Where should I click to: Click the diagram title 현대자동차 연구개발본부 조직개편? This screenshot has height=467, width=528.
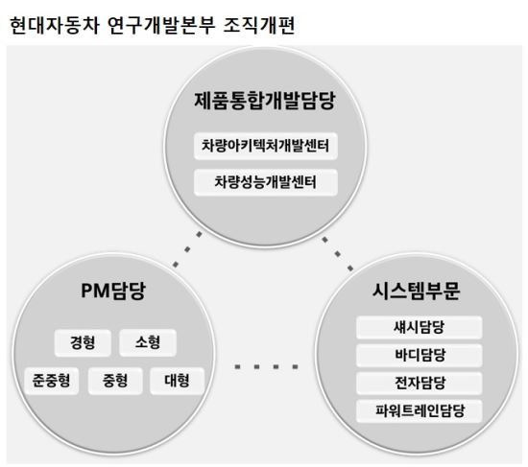tap(153, 25)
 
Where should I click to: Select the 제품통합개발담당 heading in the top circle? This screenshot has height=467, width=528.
tap(265, 101)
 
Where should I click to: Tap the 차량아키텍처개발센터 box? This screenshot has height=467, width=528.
tap(266, 146)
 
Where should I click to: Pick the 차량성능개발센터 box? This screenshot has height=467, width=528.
tap(266, 182)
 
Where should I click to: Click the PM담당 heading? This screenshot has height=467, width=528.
tap(113, 291)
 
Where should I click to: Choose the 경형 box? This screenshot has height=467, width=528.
tap(83, 343)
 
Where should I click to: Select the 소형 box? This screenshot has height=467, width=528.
tap(148, 343)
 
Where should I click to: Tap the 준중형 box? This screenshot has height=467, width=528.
tap(51, 381)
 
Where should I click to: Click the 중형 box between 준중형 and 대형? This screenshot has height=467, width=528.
tap(115, 381)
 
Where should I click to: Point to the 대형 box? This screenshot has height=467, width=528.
tap(177, 381)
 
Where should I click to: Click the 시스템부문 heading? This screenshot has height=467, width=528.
tap(416, 291)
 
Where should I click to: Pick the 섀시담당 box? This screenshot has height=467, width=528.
tap(419, 327)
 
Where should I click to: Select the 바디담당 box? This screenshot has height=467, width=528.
tap(419, 356)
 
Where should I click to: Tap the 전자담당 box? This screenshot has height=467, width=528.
tap(419, 383)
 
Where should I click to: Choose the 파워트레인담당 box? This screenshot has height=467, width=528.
tap(419, 411)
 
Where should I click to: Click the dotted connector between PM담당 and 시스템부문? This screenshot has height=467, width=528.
tap(266, 366)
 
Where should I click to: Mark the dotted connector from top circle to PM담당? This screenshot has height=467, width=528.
tap(187, 249)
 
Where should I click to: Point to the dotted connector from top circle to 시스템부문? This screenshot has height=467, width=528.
tap(338, 254)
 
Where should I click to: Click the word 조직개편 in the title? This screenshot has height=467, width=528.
tap(259, 25)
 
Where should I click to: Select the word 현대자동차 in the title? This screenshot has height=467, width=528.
tap(54, 25)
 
